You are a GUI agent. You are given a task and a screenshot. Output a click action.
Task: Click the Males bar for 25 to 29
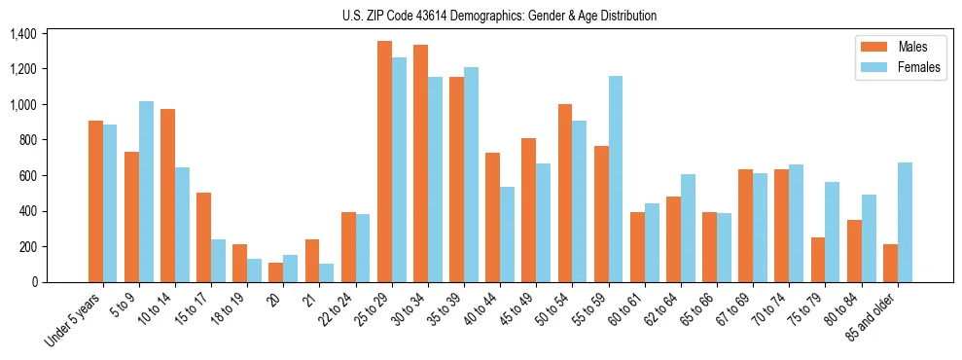tap(384, 162)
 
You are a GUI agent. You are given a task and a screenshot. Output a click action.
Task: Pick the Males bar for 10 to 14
tap(167, 196)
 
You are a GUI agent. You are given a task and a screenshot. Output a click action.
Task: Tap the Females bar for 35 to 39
tap(471, 175)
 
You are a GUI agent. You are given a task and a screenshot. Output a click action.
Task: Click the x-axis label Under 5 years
tap(74, 321)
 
